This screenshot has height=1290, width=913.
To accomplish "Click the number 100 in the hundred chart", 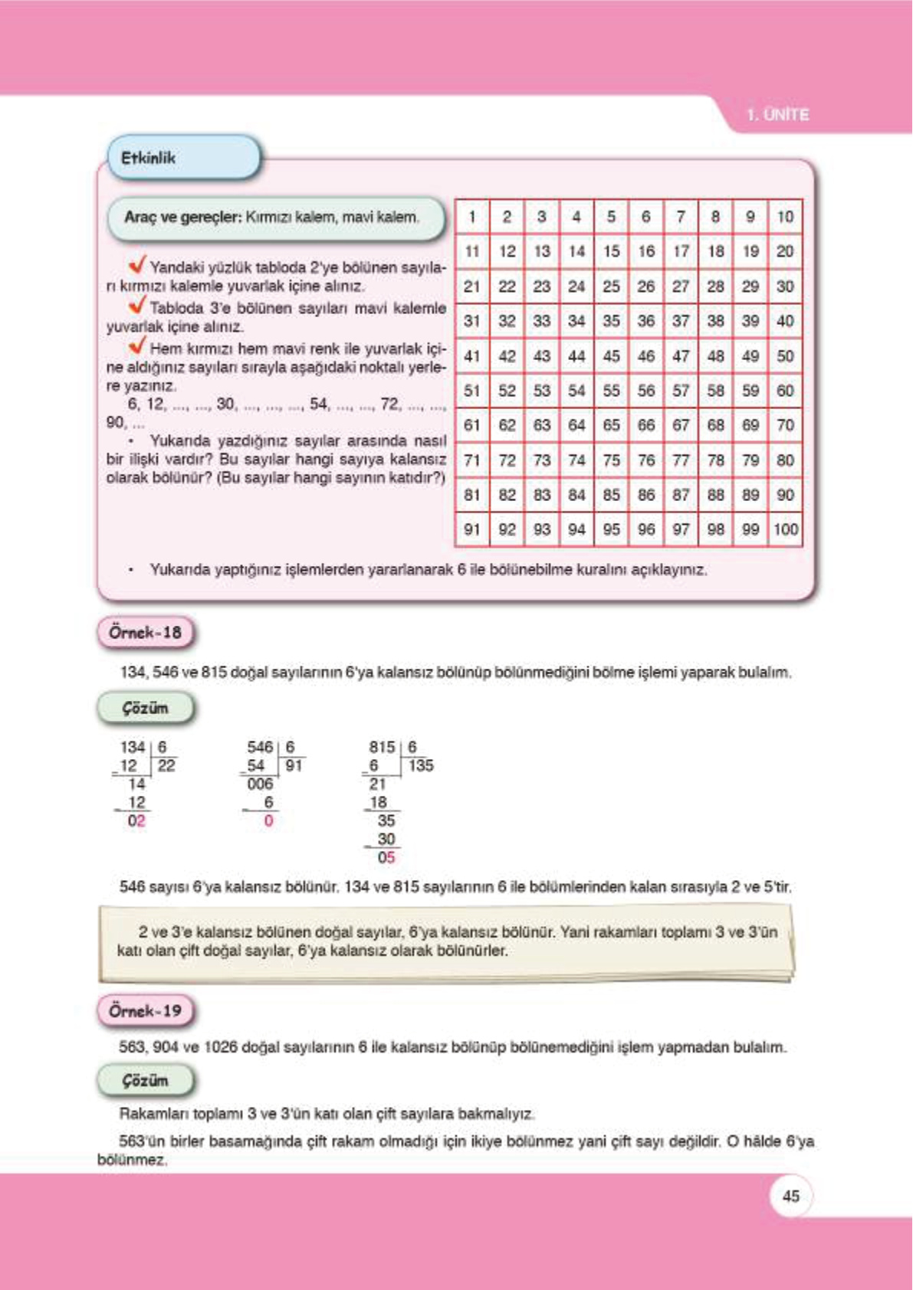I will point(786,529).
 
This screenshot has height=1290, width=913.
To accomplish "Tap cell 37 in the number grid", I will point(681,321).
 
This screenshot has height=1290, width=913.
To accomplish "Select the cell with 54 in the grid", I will point(576,391).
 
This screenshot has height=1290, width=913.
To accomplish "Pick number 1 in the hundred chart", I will point(472,217).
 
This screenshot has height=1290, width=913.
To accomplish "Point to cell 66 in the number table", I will point(646,425).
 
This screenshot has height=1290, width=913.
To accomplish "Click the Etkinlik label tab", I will point(149,159).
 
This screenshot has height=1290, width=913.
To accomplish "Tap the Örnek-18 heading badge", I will point(146,633).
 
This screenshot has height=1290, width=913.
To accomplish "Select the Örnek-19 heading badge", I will point(146,1011).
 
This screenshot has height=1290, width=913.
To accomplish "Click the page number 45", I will point(791,1196).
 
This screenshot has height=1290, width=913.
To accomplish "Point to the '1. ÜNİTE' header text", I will point(778,115).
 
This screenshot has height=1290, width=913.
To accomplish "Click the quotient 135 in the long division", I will point(421,765).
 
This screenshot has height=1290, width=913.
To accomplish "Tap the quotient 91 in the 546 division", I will point(294,765).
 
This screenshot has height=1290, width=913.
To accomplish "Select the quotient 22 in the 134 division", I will point(166,765).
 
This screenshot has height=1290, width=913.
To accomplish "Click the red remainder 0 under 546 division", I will point(268,821).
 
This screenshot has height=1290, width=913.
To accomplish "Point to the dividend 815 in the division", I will point(382,747).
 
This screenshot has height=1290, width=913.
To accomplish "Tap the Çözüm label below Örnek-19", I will point(146,1081).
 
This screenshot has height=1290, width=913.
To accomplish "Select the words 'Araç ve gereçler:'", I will point(182,218).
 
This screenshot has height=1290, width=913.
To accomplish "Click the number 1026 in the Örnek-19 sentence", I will point(221,1047).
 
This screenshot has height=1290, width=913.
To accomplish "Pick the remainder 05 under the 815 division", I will point(386,858).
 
